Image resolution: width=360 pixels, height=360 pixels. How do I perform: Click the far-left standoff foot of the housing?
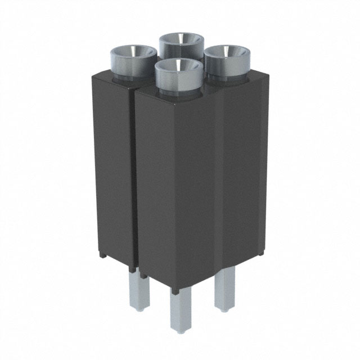point(103,255)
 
